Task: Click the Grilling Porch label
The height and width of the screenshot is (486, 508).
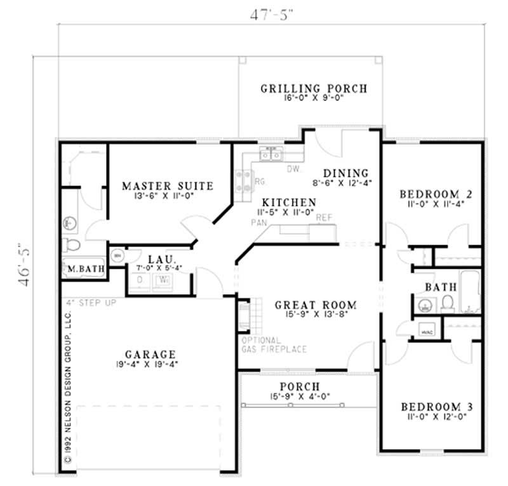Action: tap(313, 88)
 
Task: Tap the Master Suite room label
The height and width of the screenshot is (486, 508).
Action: tap(168, 186)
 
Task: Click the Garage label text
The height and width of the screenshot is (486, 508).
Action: tap(150, 354)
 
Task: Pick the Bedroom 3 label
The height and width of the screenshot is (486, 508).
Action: tap(436, 407)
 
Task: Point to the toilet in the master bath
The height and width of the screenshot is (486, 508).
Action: tap(71, 245)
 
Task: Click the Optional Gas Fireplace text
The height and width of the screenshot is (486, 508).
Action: tap(274, 344)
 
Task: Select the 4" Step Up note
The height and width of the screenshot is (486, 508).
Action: tap(89, 302)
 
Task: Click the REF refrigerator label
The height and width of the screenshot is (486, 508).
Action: tap(324, 217)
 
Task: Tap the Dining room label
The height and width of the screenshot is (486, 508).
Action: tap(345, 173)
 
